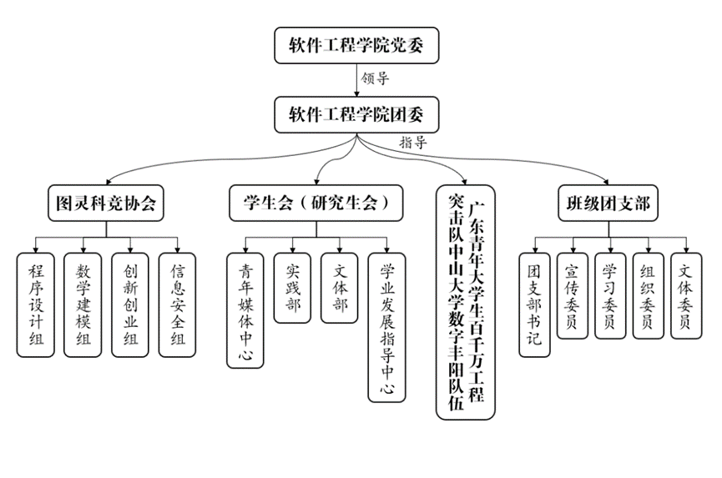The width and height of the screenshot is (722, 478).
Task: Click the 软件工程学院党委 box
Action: coord(356,45)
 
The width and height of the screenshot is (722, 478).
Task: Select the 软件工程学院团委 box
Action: coord(356,113)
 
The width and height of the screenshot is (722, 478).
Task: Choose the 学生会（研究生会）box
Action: coord(316,203)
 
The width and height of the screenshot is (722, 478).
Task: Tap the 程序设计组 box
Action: coord(36,304)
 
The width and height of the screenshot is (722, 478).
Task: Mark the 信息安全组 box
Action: coord(178,304)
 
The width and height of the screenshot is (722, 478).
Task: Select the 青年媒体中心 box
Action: coord(245,309)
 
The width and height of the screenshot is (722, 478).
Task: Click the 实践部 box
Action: coord(293,287)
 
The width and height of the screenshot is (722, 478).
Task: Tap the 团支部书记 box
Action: coord(534,304)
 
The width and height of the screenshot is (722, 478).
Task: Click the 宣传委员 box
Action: coord(572,296)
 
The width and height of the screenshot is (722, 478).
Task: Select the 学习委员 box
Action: coord(610,296)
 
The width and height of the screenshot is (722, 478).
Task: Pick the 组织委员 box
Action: coord(648,296)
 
